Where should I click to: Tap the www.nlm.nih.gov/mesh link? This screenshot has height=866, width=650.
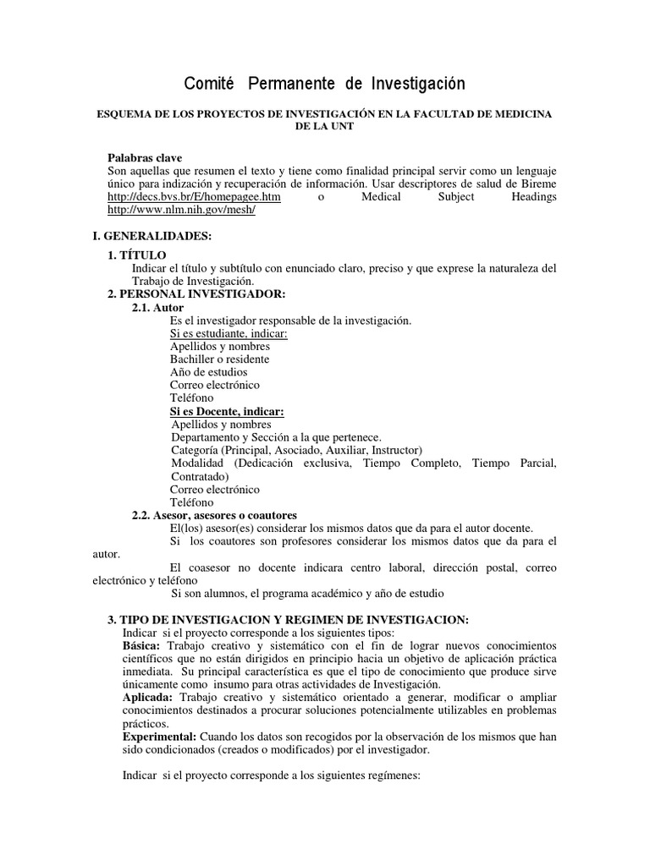point(182,211)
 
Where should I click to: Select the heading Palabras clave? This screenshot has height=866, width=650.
point(145,157)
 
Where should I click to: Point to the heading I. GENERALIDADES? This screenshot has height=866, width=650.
point(152,236)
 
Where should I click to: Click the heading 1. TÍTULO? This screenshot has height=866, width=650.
point(137,255)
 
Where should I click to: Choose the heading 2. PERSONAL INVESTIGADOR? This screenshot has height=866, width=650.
point(196,293)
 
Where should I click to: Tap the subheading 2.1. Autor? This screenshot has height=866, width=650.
point(157,308)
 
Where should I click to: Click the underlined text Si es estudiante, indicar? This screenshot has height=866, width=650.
point(229,333)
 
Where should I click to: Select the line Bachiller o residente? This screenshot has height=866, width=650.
point(219,359)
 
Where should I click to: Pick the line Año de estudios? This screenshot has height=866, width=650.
point(208,371)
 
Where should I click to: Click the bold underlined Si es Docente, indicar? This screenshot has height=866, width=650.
point(227,411)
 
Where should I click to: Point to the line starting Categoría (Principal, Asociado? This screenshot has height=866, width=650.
point(296,450)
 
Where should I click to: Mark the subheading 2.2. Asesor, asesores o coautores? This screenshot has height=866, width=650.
point(214,515)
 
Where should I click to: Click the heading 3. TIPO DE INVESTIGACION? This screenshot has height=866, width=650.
point(288,619)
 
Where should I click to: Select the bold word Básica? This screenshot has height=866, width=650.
point(143,646)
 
